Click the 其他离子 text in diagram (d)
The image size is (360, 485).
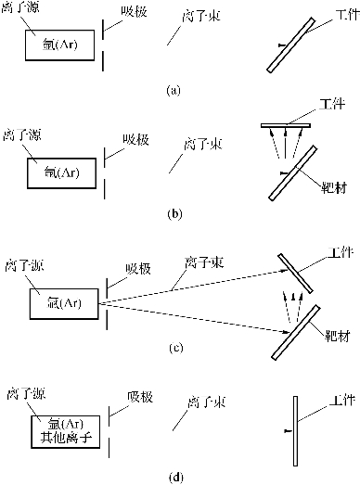click(x=66, y=438)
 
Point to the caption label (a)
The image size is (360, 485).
click(x=173, y=90)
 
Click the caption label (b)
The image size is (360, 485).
click(x=174, y=213)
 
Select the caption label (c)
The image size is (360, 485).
click(x=176, y=348)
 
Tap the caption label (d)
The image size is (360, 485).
click(x=176, y=478)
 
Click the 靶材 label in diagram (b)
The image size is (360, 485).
click(x=334, y=187)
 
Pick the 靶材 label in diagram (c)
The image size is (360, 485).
click(x=338, y=336)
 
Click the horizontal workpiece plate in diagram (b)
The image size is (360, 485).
click(x=286, y=125)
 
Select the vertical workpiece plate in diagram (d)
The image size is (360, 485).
click(x=296, y=431)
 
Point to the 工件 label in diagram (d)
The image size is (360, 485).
click(x=341, y=401)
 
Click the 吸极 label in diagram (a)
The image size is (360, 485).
click(x=134, y=12)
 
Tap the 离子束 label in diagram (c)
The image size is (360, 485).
click(x=204, y=262)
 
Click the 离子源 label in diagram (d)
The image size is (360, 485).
click(x=26, y=394)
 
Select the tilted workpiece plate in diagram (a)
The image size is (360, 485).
click(x=291, y=45)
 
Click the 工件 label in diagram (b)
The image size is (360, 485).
click(x=332, y=104)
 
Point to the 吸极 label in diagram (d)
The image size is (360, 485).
click(x=140, y=397)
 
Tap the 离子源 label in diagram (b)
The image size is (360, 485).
click(x=22, y=135)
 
